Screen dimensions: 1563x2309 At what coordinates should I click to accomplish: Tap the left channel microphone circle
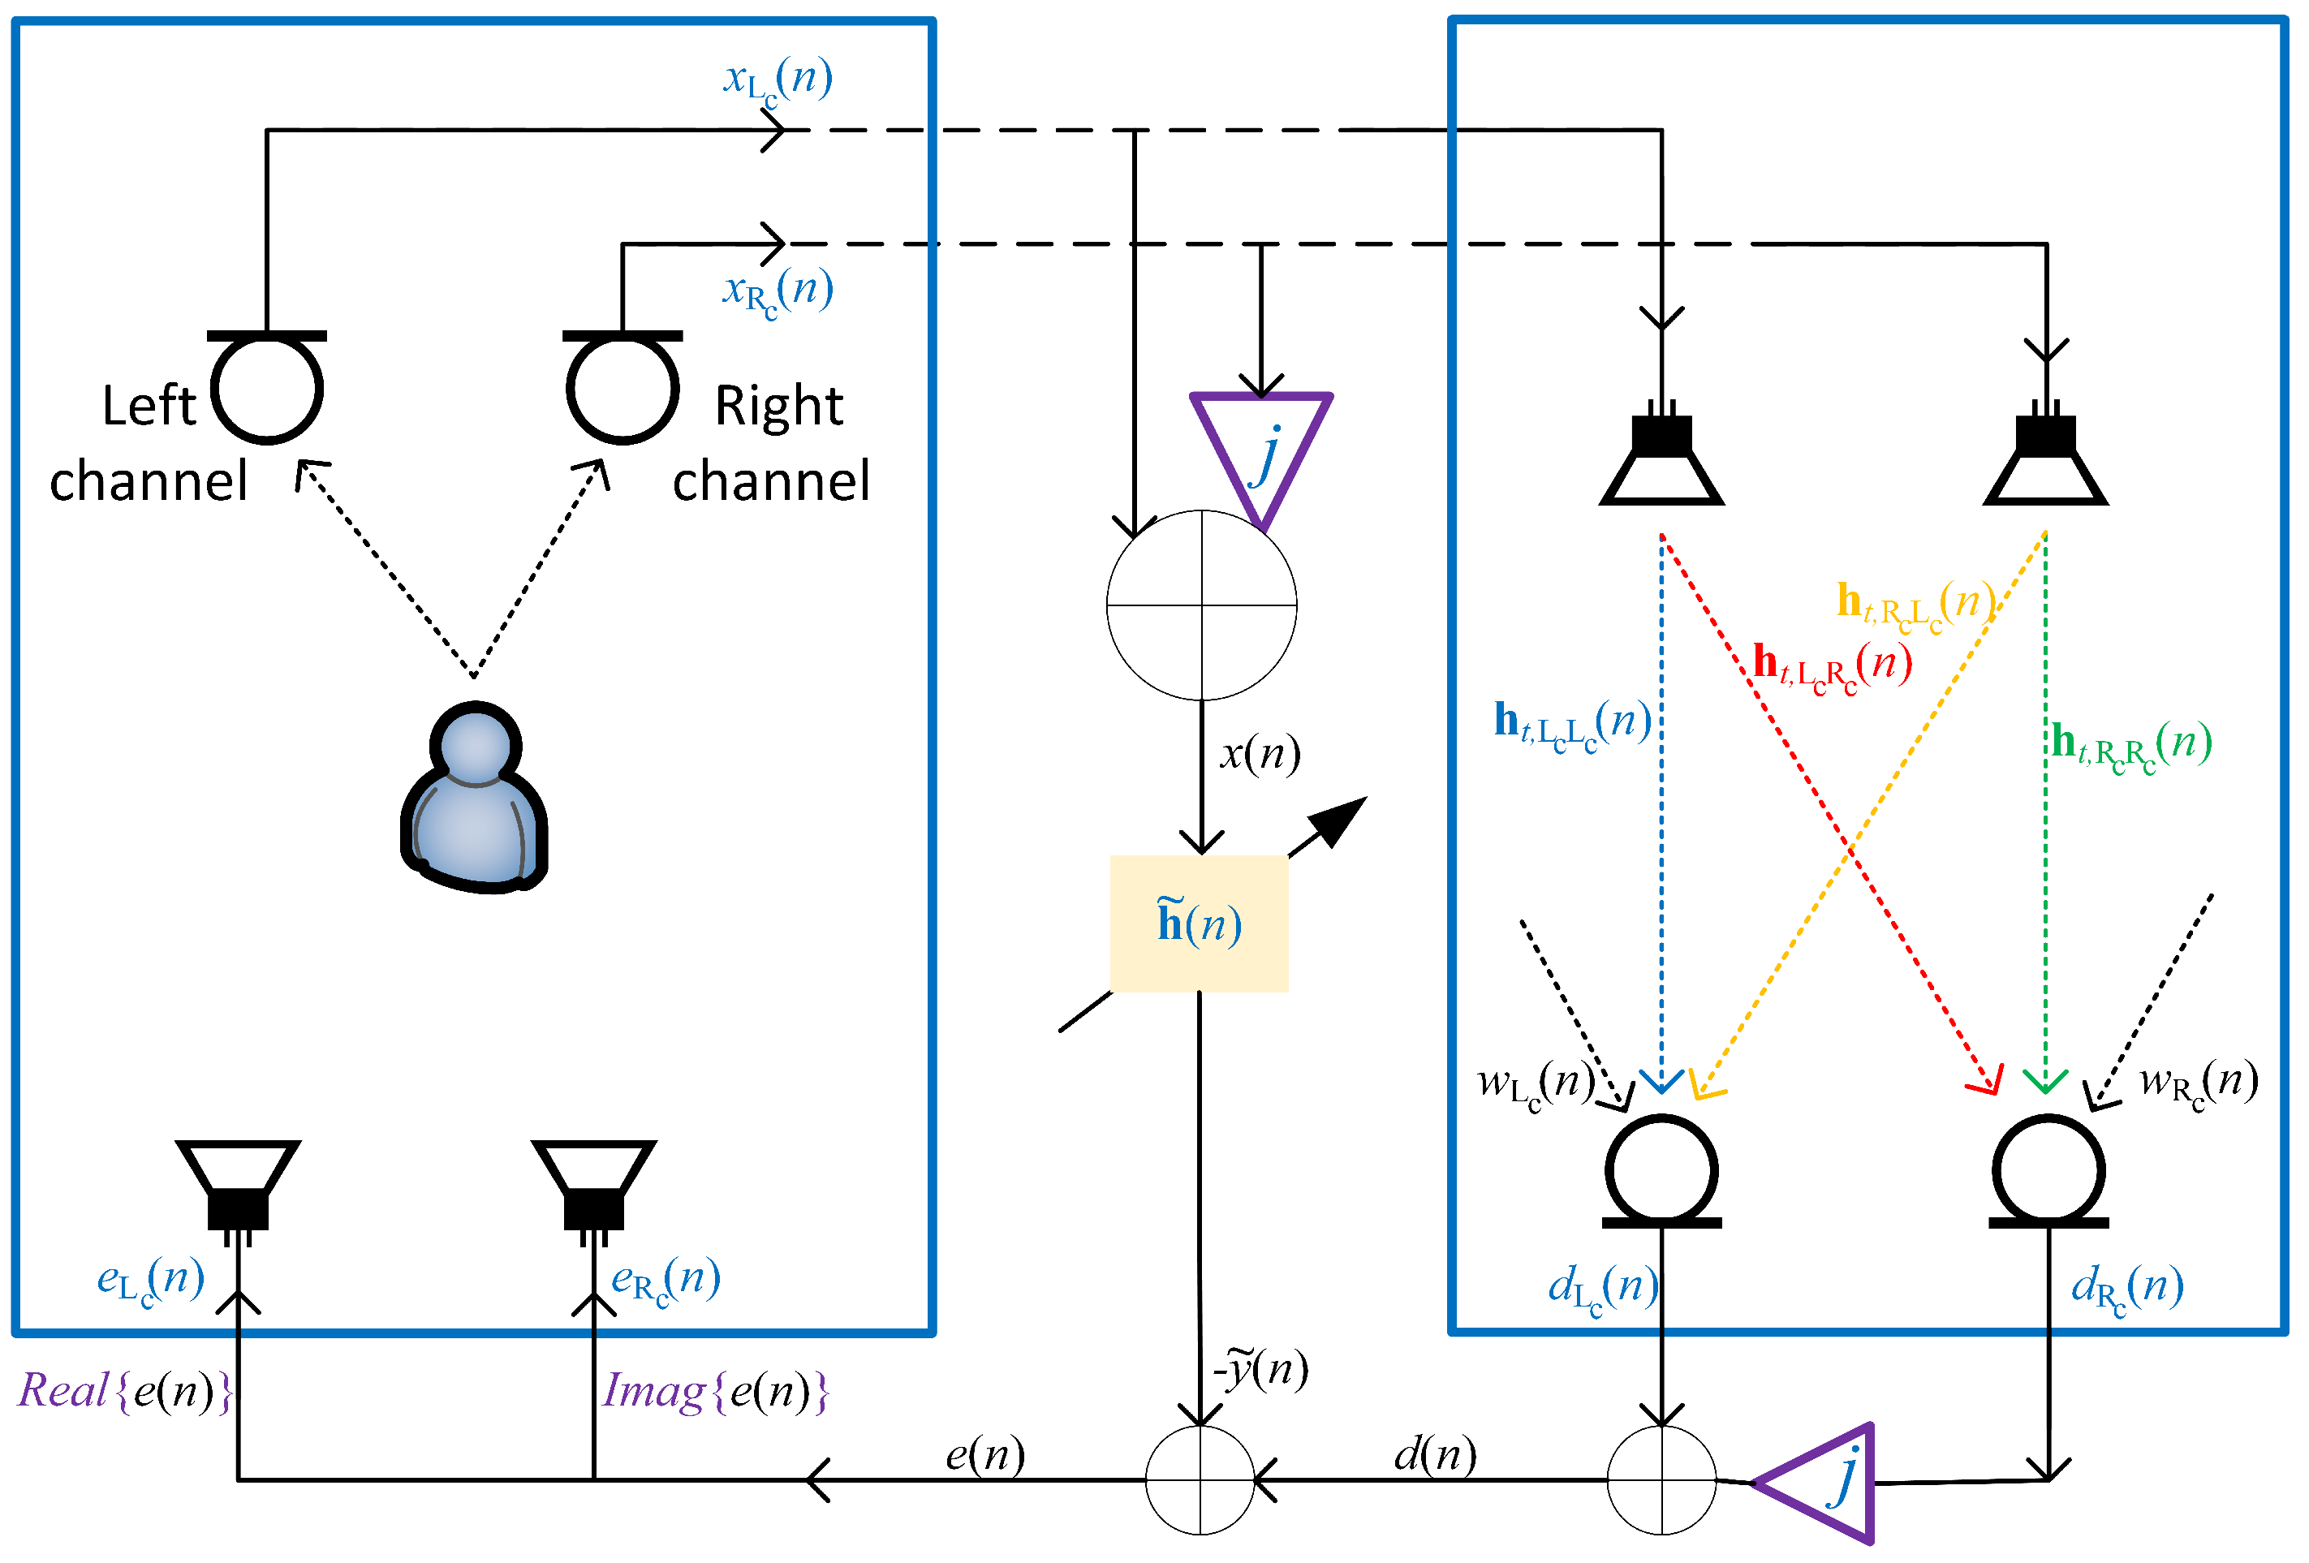pos(266,389)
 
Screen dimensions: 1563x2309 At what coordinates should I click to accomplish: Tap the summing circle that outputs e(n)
pos(1200,1479)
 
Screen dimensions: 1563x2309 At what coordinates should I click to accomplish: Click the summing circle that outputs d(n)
pos(1661,1479)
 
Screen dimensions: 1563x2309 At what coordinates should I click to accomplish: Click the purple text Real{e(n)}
pos(125,1390)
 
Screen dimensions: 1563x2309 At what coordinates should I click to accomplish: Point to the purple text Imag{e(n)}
pos(714,1390)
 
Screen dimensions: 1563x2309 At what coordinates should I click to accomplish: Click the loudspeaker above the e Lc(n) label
pos(238,1186)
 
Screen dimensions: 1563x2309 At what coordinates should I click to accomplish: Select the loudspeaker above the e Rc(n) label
pos(593,1186)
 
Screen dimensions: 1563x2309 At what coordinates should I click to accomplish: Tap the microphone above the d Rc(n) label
pos(2048,1170)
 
